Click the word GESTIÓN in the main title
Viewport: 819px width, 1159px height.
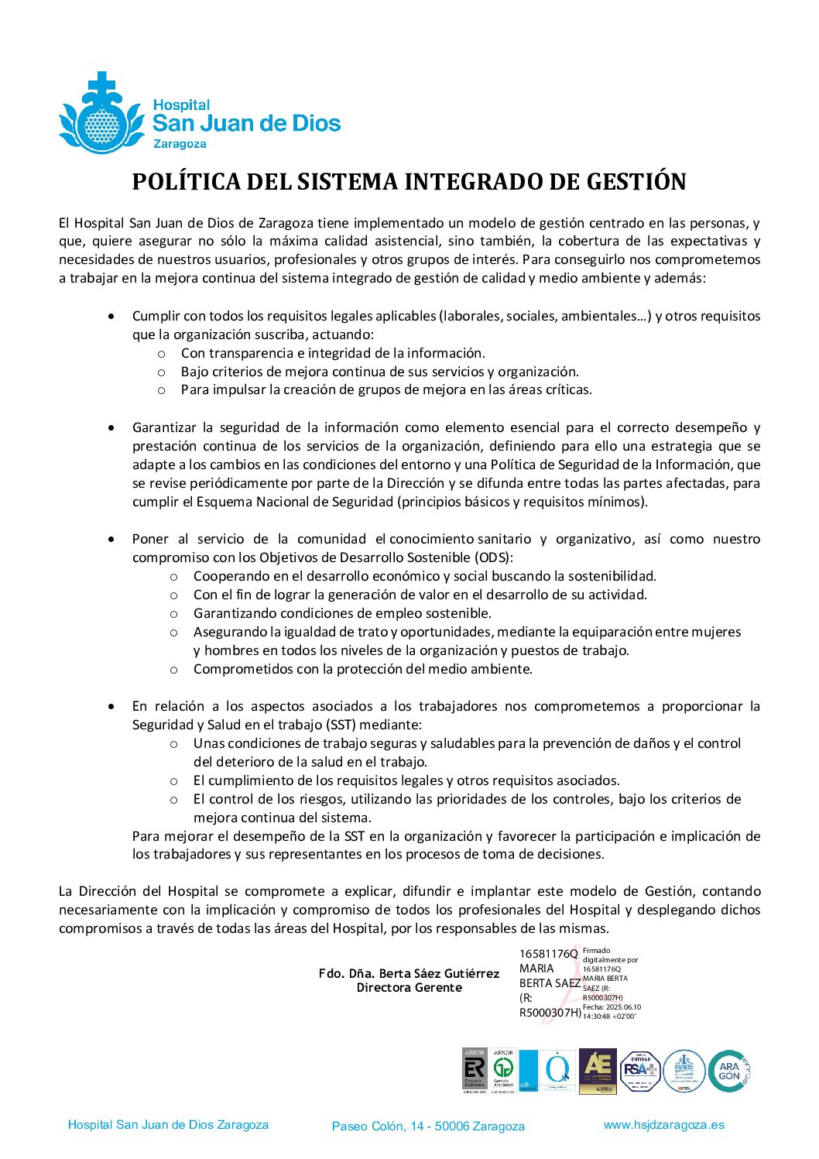click(636, 181)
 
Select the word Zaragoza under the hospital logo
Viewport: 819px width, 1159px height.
click(180, 144)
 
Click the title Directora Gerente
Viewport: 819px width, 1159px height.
click(409, 987)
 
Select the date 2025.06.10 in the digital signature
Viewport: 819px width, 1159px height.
click(624, 1007)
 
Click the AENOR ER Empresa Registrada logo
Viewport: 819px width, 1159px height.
click(474, 1071)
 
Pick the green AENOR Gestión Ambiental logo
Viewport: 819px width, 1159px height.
click(504, 1071)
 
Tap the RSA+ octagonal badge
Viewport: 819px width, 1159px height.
click(639, 1071)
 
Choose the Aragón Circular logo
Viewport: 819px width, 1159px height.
click(729, 1071)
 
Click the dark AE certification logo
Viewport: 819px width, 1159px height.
click(598, 1071)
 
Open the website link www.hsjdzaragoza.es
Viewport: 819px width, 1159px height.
click(663, 1125)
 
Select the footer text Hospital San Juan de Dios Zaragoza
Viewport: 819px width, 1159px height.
click(168, 1125)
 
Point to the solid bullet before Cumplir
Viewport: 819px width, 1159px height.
click(113, 316)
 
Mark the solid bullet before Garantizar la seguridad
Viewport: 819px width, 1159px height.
click(113, 427)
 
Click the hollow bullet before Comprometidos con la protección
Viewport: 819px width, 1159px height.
click(174, 669)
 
